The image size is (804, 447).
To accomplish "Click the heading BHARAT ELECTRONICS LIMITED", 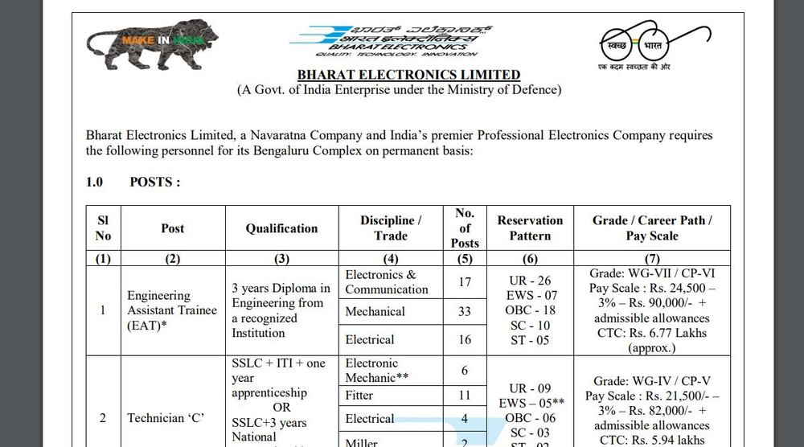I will [398, 75].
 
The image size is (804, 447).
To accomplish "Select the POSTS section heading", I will [154, 182].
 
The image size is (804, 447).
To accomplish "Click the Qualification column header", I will [281, 228].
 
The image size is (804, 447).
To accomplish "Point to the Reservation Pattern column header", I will [530, 228].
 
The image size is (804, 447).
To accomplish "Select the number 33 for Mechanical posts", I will [464, 311].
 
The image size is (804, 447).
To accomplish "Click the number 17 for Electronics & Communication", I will [464, 282].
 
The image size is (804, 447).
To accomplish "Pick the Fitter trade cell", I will [359, 396].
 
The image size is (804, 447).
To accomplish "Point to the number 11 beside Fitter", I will [464, 396].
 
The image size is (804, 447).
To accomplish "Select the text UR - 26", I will [530, 281].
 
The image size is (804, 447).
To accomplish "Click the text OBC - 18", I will [530, 310].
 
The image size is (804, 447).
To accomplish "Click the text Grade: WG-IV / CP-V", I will [652, 381].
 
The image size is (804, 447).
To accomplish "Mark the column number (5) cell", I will [464, 259].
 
